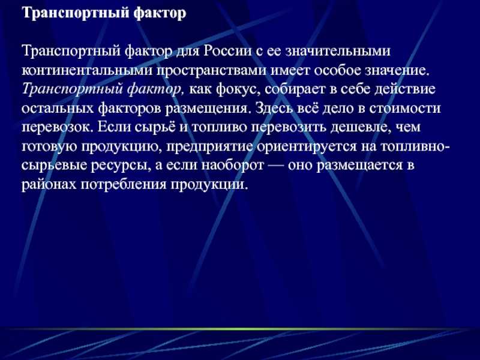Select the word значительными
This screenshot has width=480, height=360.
coord(338,51)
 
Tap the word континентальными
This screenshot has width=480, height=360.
coord(87,70)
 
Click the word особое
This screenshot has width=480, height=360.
coord(338,70)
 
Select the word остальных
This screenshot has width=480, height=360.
coord(58,109)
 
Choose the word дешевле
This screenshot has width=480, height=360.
coord(360,128)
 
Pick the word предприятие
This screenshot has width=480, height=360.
coord(209,147)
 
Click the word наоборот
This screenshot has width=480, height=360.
coord(232,166)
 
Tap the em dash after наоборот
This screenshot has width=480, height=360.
coord(275,166)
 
